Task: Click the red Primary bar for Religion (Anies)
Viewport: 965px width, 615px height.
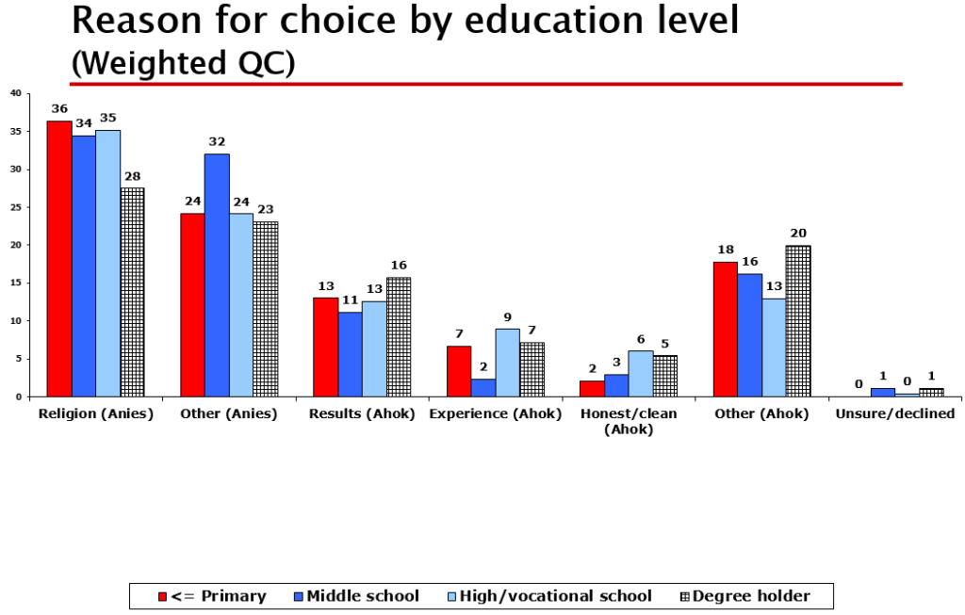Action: click(x=59, y=259)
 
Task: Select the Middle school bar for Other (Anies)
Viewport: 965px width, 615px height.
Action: click(x=217, y=275)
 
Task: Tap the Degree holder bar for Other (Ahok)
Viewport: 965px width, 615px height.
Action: click(x=797, y=321)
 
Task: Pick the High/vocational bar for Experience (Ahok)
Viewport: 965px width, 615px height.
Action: click(x=508, y=363)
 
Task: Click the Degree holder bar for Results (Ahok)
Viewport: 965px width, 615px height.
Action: click(x=398, y=337)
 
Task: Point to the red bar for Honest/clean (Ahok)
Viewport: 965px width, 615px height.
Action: click(x=592, y=389)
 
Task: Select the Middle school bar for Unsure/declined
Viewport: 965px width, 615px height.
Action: click(x=882, y=393)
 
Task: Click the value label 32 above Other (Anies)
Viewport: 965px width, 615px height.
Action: click(x=218, y=142)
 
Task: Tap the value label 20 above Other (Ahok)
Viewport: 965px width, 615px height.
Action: click(x=798, y=234)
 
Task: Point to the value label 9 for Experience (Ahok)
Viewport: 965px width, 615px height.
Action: click(x=508, y=317)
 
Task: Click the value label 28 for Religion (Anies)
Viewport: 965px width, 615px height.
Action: click(x=132, y=176)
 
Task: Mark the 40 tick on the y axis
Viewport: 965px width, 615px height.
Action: click(x=15, y=93)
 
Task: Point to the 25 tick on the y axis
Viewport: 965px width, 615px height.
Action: click(x=15, y=207)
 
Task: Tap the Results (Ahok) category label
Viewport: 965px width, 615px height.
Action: click(x=362, y=414)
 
